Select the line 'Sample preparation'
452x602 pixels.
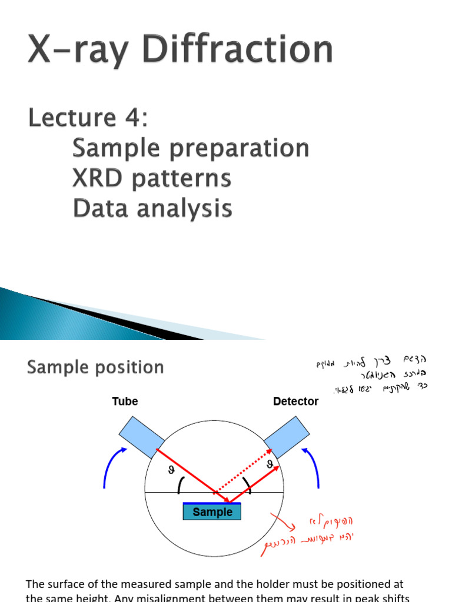(190, 148)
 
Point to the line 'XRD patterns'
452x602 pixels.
(151, 178)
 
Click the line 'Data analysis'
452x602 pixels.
(152, 209)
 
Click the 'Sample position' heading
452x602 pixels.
(95, 367)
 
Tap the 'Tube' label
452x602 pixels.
(125, 402)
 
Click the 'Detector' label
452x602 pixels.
(295, 402)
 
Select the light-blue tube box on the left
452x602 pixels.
(142, 437)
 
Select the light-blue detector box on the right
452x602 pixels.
(287, 437)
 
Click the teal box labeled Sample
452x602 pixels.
(212, 512)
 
